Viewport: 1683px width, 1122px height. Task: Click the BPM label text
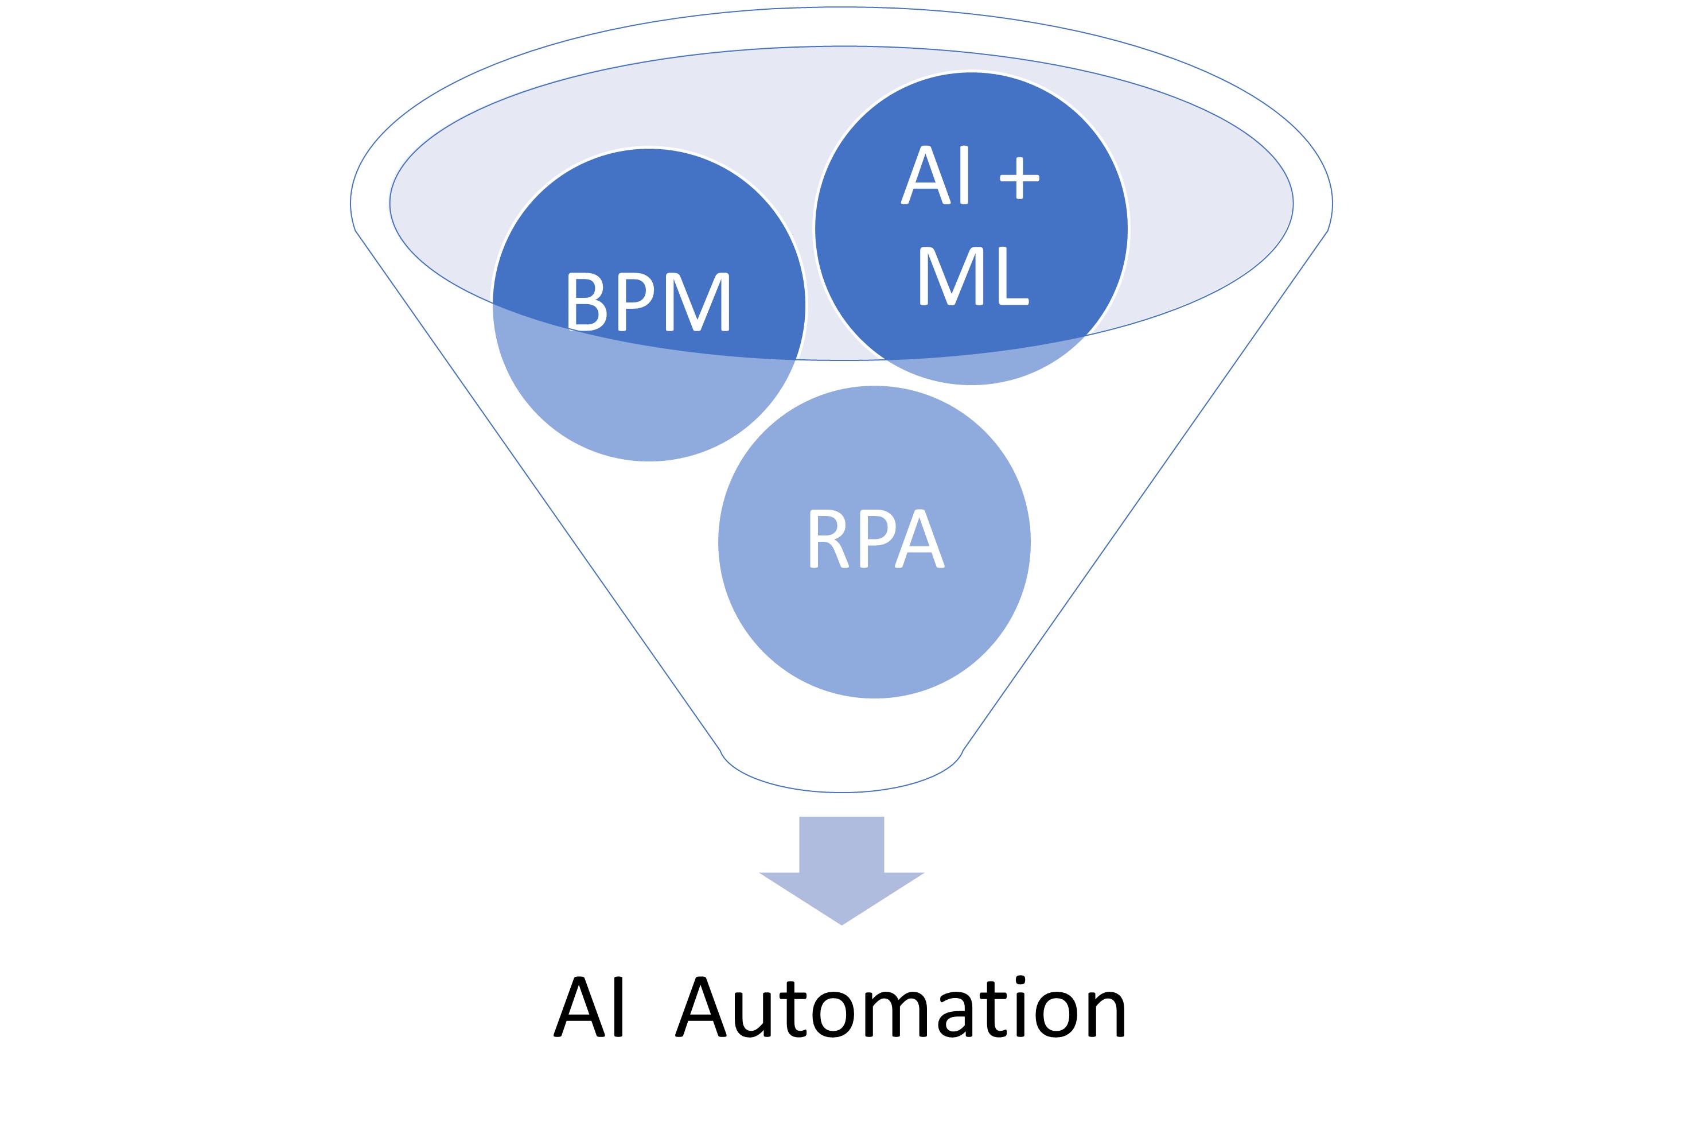click(649, 301)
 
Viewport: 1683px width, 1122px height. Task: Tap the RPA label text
click(878, 538)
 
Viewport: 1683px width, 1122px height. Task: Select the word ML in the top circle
click(974, 276)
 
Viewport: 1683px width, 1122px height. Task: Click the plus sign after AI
click(1019, 178)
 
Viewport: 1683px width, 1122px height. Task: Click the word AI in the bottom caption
click(588, 1006)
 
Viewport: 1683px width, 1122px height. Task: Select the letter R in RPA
click(829, 538)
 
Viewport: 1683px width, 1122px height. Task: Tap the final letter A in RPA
click(920, 538)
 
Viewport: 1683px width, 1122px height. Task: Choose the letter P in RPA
click(878, 538)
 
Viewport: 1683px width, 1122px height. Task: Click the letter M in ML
click(951, 276)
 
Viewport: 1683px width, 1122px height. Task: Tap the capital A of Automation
click(701, 1006)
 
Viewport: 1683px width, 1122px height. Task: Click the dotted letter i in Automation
click(1020, 1006)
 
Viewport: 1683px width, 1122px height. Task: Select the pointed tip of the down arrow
click(842, 925)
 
